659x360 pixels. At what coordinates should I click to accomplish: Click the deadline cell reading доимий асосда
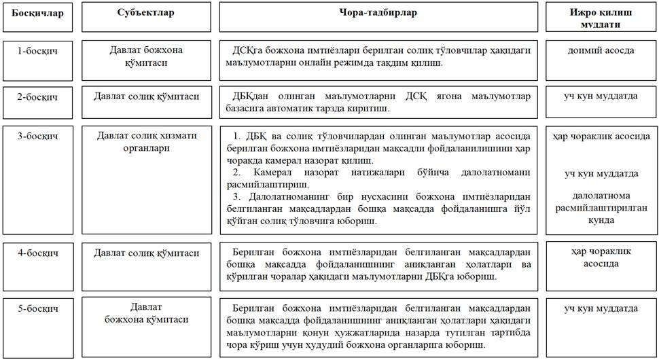(x=601, y=50)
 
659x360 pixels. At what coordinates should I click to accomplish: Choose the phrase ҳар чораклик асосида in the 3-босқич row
(x=601, y=137)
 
